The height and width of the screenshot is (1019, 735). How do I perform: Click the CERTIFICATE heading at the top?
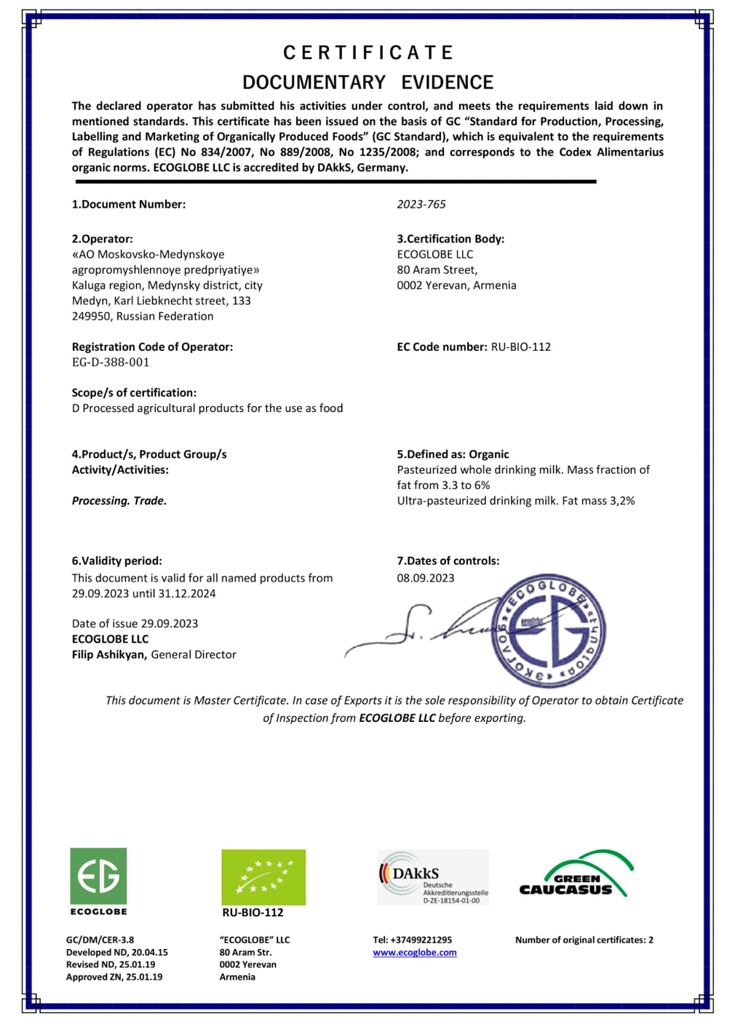[x=368, y=53]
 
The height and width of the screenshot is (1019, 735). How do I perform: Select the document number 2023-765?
[x=421, y=205]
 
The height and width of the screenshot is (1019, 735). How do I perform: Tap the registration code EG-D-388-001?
[x=111, y=362]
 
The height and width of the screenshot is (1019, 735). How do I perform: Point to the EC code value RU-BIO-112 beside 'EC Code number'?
[x=520, y=347]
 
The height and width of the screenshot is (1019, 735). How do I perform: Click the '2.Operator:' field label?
[x=102, y=239]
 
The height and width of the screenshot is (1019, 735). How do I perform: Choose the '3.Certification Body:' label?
[x=450, y=239]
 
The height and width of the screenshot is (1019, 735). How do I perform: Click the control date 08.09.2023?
[x=425, y=578]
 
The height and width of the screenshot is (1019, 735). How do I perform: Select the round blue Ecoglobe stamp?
[x=549, y=630]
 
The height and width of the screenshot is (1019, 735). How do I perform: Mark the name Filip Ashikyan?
[x=109, y=654]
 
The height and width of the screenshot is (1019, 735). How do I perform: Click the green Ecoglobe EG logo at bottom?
[x=98, y=876]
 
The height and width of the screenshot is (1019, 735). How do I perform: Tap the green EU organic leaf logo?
[x=263, y=877]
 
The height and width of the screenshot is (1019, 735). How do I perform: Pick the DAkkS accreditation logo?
[x=433, y=877]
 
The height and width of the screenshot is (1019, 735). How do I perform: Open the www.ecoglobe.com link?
[x=415, y=953]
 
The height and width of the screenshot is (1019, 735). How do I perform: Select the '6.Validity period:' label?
[x=116, y=561]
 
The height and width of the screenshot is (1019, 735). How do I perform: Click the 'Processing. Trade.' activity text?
[x=119, y=501]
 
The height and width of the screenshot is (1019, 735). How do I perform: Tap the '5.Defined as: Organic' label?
[x=453, y=454]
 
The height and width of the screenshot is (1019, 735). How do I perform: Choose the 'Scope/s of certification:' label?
[x=134, y=393]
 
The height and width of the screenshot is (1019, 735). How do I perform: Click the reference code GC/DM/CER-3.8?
[x=100, y=940]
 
